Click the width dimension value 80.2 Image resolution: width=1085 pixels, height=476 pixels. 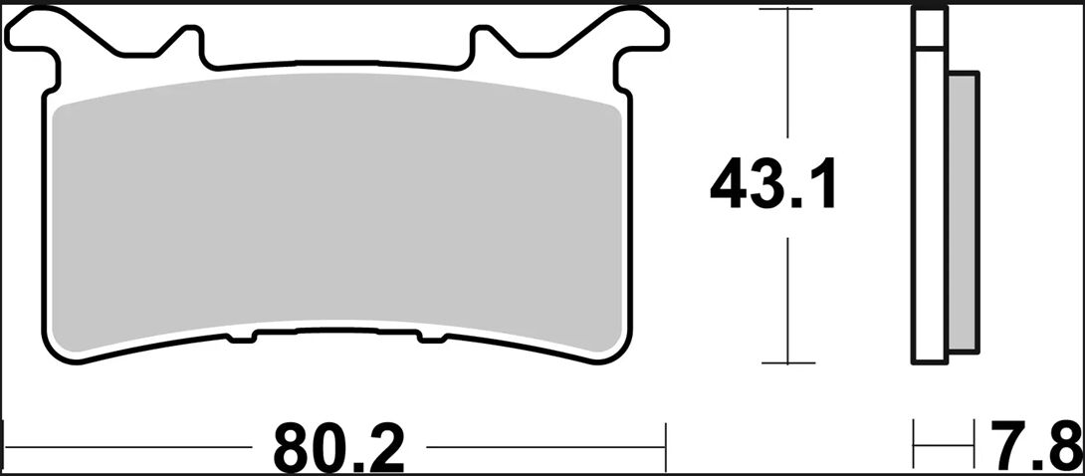pos(339,447)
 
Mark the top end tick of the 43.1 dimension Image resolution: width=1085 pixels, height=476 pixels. pos(788,10)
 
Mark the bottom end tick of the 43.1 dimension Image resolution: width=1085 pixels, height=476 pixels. pos(788,363)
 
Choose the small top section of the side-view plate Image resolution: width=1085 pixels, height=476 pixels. pos(929,29)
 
